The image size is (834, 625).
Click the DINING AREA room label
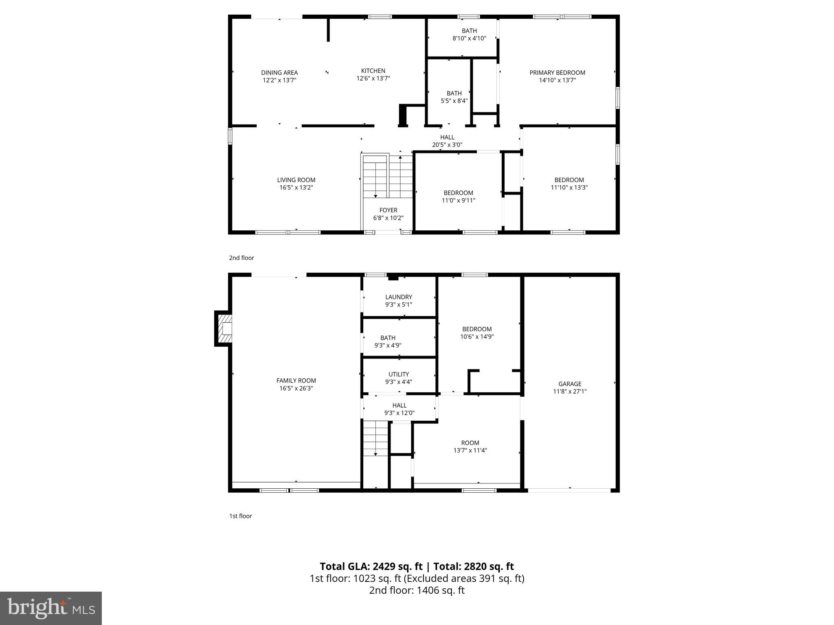tap(279, 73)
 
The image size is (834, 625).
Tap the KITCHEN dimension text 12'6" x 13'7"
tap(373, 79)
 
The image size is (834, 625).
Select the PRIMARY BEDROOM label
tap(557, 73)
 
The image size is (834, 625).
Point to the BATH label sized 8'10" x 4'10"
tap(469, 31)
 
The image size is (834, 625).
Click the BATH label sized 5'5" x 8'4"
tap(454, 94)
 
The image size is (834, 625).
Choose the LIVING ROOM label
tap(296, 180)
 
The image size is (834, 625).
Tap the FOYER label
tap(388, 210)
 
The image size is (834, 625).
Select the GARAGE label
tap(570, 384)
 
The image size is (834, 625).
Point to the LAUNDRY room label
tap(399, 297)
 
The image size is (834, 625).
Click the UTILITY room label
tap(399, 374)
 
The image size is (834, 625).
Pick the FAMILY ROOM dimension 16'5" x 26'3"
tap(296, 388)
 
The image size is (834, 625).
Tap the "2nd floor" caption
tap(241, 258)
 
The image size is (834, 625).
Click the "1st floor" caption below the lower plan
tap(241, 516)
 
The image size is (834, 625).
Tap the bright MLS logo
tap(51, 608)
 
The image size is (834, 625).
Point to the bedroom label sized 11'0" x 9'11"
tap(458, 193)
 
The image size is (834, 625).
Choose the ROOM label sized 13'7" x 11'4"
tap(470, 443)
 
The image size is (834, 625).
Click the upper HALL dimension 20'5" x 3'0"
tap(447, 145)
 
